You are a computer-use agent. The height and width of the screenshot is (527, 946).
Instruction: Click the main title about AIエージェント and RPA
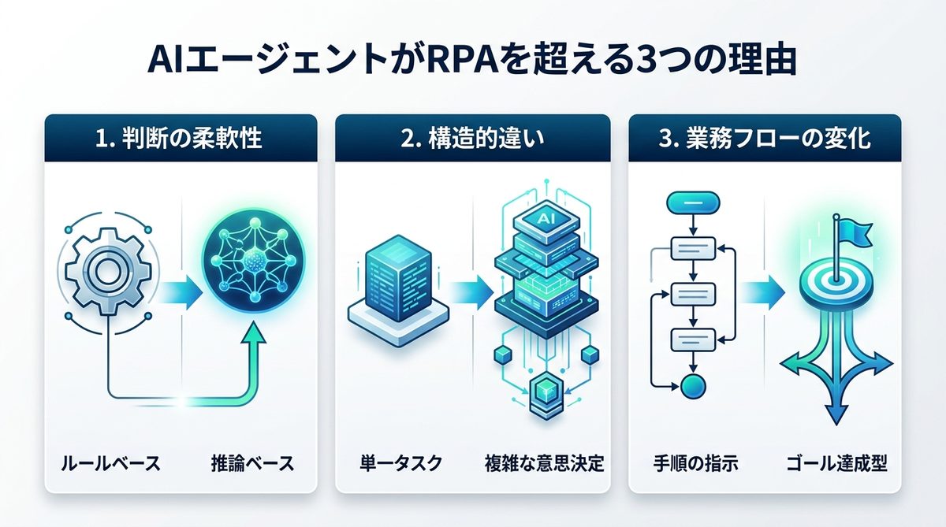click(473, 61)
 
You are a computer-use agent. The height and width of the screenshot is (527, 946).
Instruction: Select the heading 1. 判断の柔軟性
click(181, 139)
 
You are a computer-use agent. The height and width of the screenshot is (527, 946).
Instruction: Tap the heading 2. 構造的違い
click(472, 139)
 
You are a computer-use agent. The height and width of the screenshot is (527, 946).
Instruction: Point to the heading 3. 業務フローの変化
click(764, 139)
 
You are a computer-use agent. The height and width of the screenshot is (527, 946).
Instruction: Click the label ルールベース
click(110, 462)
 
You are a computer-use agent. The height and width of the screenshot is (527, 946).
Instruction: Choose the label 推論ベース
click(252, 462)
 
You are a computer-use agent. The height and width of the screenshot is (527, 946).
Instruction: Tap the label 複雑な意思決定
click(544, 462)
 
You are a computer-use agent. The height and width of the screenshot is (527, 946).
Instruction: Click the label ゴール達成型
click(837, 462)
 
